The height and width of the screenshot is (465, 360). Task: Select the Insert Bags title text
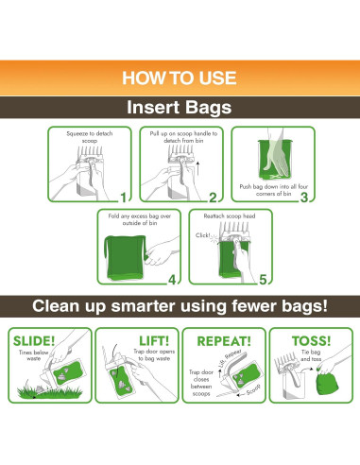pyautogui.click(x=180, y=106)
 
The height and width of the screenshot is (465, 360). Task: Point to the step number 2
pyautogui.click(x=213, y=197)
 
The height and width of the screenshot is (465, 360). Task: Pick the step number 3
pyautogui.click(x=304, y=197)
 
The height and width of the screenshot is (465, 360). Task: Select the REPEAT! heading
pyautogui.click(x=224, y=339)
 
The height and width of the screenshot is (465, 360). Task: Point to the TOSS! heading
pyautogui.click(x=313, y=339)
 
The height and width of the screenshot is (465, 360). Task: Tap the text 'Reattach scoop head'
pyautogui.click(x=230, y=218)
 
